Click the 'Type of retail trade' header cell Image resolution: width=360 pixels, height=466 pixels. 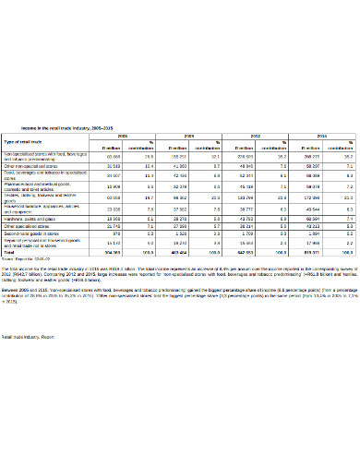[25, 141]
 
